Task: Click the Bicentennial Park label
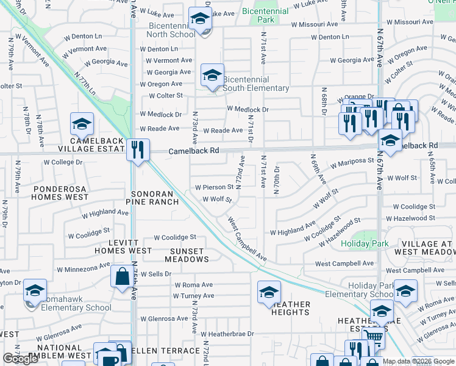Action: (x=266, y=16)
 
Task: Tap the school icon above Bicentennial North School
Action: (x=199, y=20)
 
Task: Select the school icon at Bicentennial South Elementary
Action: (x=212, y=75)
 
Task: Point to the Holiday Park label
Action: (x=365, y=244)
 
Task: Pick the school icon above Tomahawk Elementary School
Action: (x=35, y=290)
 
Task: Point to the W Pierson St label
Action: (x=214, y=187)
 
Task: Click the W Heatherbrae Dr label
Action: (x=226, y=334)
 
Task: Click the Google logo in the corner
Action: (x=20, y=359)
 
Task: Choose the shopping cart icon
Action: (x=374, y=336)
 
